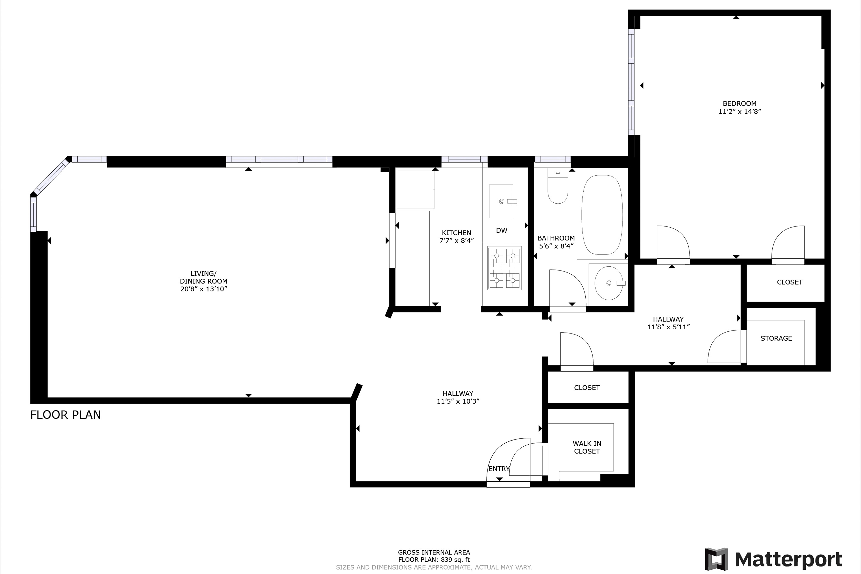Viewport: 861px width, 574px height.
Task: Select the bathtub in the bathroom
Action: tap(602, 215)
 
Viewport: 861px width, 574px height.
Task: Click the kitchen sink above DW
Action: tap(501, 201)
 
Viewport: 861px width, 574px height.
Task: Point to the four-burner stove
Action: tap(505, 268)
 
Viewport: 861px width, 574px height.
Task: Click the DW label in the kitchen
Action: tap(502, 230)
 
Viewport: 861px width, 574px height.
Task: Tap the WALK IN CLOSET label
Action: tap(587, 447)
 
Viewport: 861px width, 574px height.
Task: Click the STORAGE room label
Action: tap(776, 338)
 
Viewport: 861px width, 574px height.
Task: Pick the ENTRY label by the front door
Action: tap(499, 469)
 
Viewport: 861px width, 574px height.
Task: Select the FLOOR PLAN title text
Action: tap(65, 415)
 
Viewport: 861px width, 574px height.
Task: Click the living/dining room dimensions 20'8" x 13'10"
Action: tap(204, 289)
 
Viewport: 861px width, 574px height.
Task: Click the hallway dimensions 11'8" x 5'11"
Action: tap(668, 327)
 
